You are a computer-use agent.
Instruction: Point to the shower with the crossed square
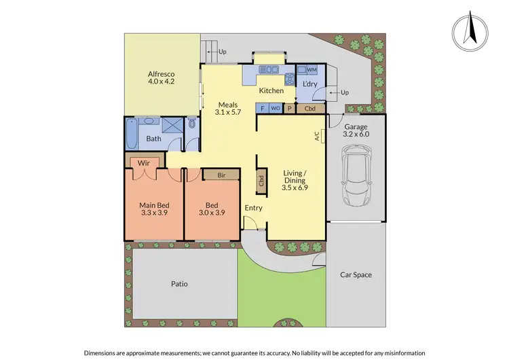tap(174, 127)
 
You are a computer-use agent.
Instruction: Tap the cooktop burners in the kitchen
tap(288, 77)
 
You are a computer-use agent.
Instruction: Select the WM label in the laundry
tap(312, 70)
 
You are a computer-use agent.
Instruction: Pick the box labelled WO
tap(276, 108)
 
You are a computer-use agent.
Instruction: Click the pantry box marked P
tap(290, 108)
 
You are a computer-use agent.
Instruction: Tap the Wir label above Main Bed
tap(144, 163)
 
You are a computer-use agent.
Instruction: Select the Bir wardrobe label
tap(221, 175)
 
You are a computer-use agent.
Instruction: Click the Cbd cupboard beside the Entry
tap(261, 181)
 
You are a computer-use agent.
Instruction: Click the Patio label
tap(179, 284)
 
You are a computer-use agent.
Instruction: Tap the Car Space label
tap(356, 274)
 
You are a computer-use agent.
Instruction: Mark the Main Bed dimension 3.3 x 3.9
tap(153, 213)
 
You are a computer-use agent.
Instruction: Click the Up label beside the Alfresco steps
tap(222, 51)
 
